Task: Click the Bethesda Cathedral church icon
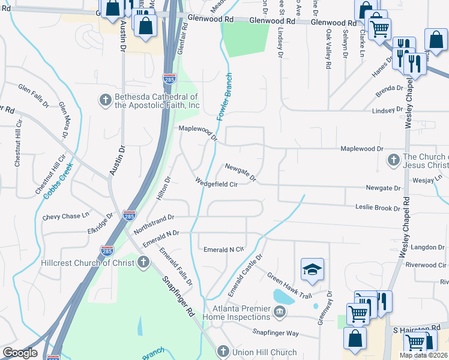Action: tap(105, 100)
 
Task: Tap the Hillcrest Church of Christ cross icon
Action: tap(143, 262)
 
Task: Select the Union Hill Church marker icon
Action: tap(222, 352)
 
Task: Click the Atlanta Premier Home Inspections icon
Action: tap(280, 312)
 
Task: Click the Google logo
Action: tap(20, 353)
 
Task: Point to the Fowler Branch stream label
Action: tap(224, 97)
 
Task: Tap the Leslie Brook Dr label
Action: tap(376, 208)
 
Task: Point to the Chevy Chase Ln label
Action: tap(65, 215)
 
